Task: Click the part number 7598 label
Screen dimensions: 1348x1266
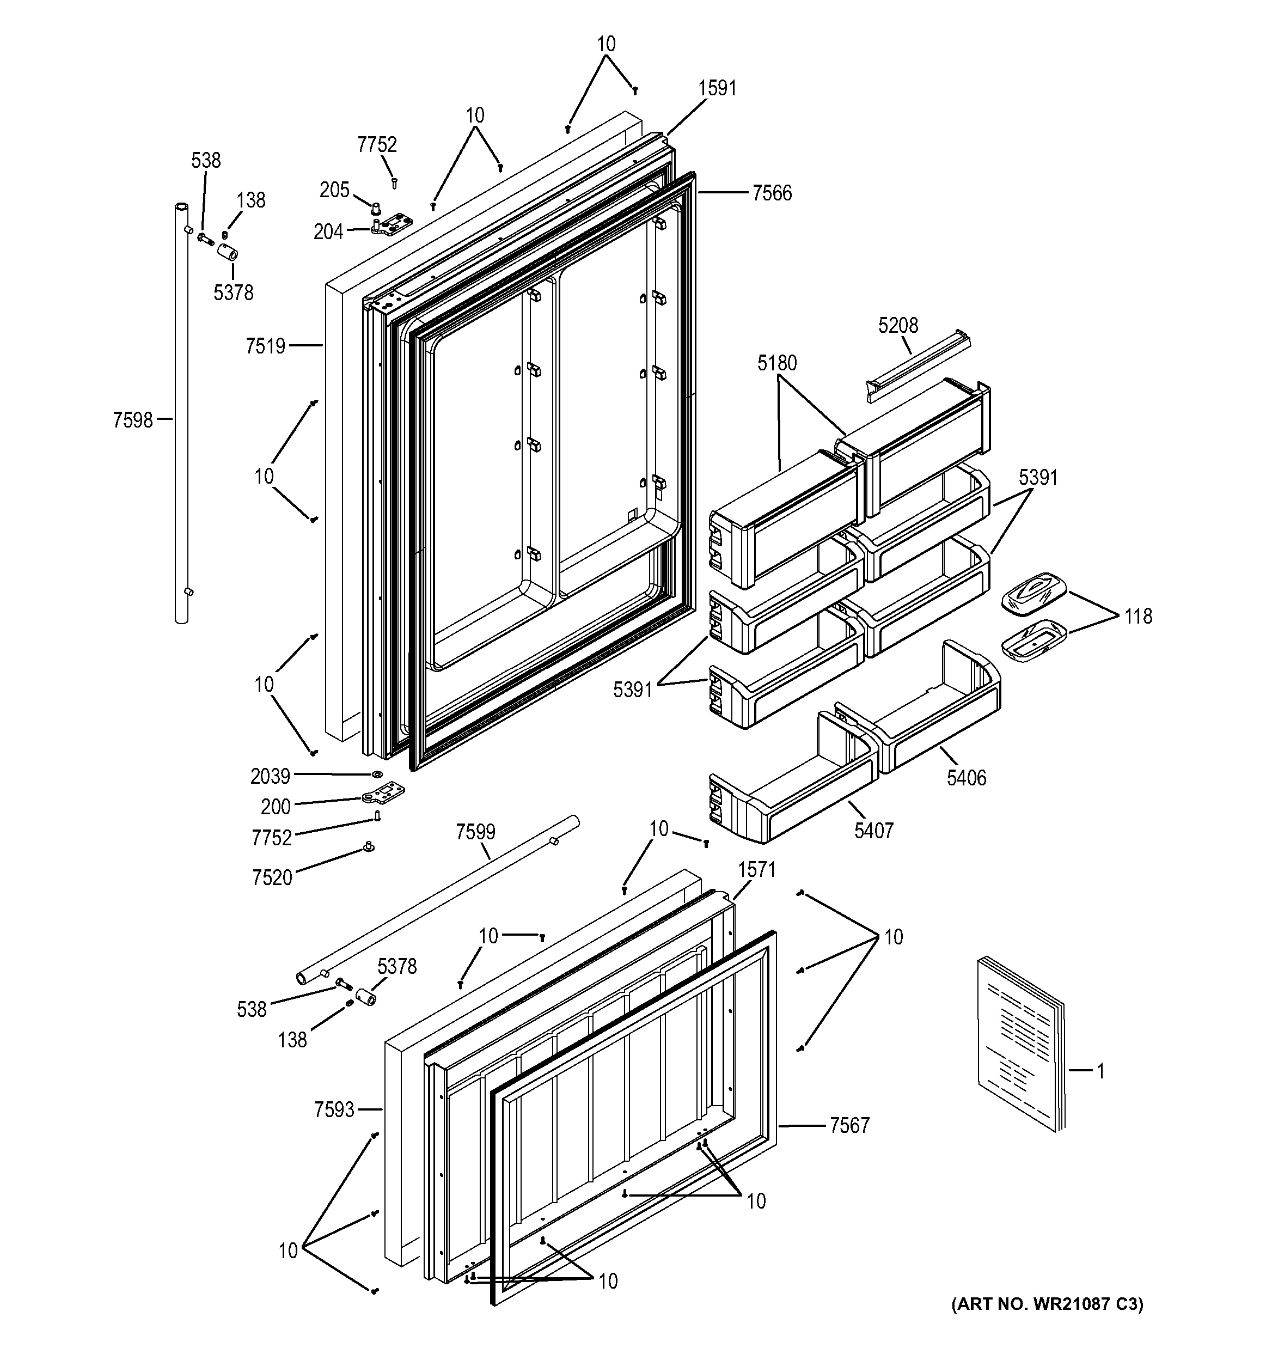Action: (133, 420)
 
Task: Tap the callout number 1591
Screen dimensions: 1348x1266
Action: (717, 88)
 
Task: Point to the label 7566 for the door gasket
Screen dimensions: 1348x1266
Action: (772, 194)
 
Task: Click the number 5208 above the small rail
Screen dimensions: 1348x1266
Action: (898, 326)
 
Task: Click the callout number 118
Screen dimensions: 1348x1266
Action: (1138, 617)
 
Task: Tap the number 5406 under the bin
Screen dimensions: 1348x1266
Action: (967, 778)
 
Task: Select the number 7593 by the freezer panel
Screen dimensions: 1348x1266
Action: (334, 1110)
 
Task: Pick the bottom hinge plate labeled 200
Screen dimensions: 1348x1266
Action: (383, 792)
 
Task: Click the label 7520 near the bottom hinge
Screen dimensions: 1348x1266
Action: (272, 878)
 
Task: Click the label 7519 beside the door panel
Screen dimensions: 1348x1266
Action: (266, 346)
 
